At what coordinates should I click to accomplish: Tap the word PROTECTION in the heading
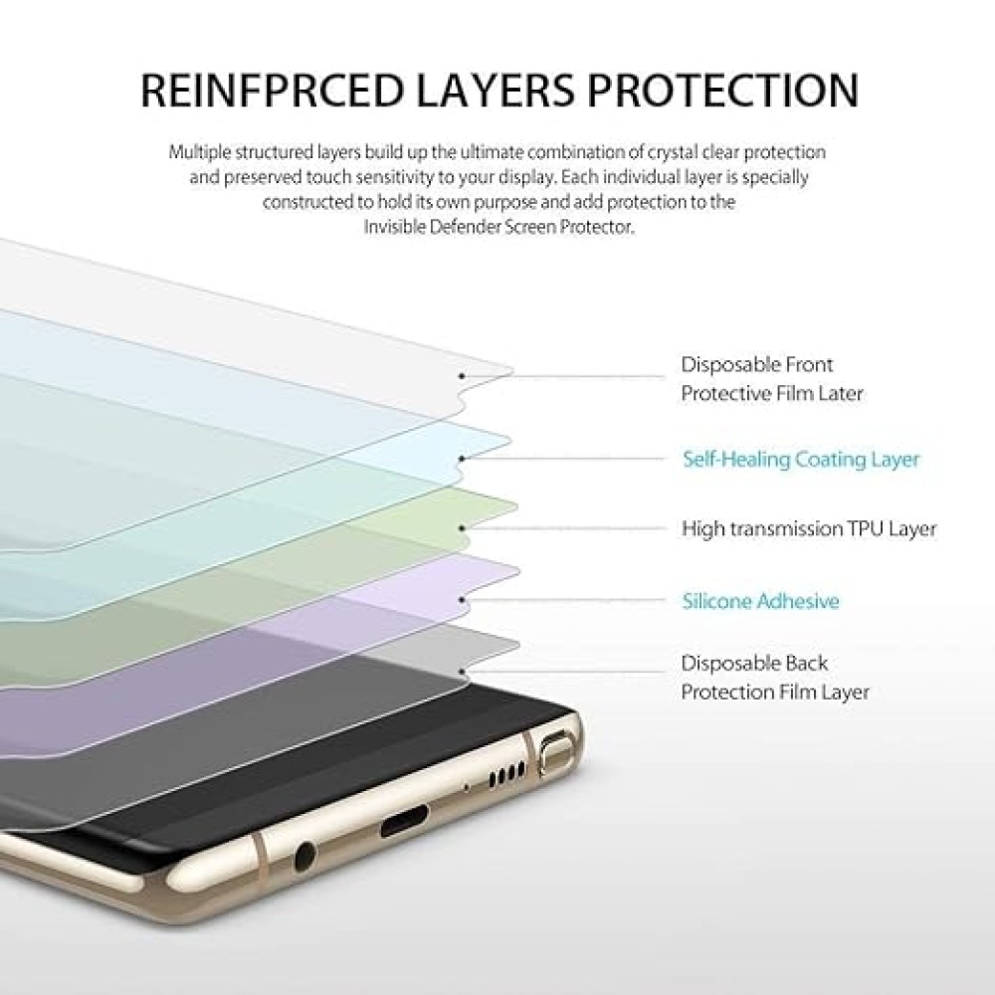[722, 90]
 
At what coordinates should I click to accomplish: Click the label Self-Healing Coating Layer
[801, 459]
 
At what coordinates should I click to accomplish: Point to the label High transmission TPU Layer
[809, 528]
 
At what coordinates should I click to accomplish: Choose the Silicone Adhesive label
[760, 600]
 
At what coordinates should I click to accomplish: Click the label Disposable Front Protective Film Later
[772, 379]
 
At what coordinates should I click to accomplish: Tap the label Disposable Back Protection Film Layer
[775, 677]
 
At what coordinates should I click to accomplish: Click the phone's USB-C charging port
[404, 819]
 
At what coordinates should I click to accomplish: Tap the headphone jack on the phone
[304, 857]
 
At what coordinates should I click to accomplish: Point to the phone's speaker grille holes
[507, 774]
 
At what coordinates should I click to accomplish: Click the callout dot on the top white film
[462, 376]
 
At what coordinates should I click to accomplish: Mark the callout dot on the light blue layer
[462, 458]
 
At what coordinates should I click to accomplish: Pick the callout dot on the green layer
[462, 528]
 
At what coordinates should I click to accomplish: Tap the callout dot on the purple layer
[462, 600]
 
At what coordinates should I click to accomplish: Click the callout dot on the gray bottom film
[462, 672]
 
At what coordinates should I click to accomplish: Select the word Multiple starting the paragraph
[199, 153]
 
